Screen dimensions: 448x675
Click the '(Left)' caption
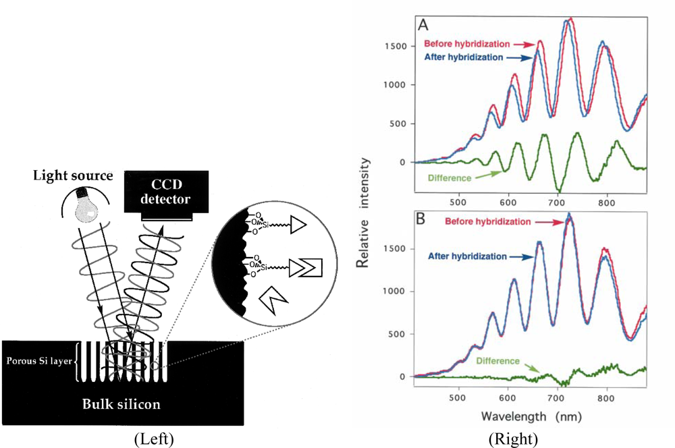pos(155,439)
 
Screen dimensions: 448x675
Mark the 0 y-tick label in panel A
pos(404,163)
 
